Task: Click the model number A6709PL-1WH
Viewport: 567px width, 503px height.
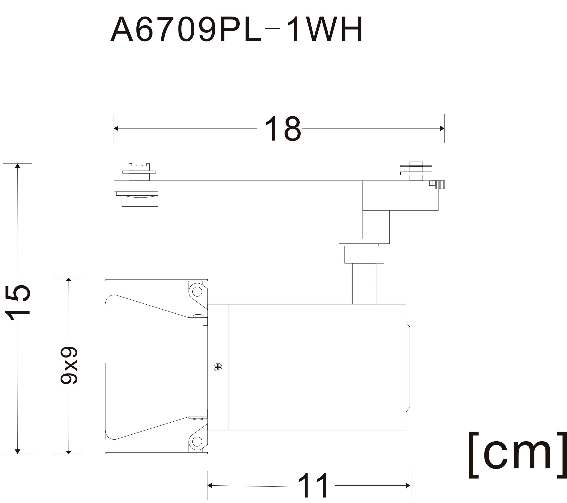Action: click(x=236, y=29)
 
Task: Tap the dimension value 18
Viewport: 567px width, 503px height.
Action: click(x=283, y=128)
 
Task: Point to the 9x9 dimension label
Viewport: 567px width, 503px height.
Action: click(x=69, y=365)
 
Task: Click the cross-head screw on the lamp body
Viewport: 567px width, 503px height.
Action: click(x=218, y=367)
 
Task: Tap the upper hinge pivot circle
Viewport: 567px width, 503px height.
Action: click(x=197, y=292)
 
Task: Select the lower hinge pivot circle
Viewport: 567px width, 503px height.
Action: click(x=197, y=442)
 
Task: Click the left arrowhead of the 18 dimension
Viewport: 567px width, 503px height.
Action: click(x=116, y=128)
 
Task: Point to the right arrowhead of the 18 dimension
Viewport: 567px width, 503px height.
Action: click(x=442, y=128)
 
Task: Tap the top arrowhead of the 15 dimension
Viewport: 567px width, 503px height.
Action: click(x=17, y=166)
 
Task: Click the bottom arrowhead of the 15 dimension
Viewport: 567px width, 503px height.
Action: click(x=17, y=452)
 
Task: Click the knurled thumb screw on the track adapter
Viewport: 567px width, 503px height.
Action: click(x=437, y=185)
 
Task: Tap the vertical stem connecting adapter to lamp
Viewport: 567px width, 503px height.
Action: click(x=364, y=284)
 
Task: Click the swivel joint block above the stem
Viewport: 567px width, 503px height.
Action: click(x=364, y=255)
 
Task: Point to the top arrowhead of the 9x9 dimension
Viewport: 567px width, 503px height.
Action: click(x=69, y=279)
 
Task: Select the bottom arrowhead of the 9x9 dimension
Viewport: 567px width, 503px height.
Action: click(x=69, y=452)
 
